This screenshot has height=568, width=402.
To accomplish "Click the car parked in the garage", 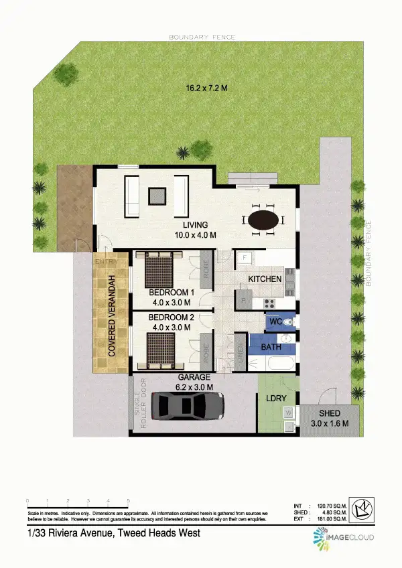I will [x=188, y=406].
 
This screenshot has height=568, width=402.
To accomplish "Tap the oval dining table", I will [x=262, y=220].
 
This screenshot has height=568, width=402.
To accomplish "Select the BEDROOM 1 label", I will [x=171, y=293].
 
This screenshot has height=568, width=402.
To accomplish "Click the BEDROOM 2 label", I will [x=171, y=317].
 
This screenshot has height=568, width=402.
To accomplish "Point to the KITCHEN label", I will [x=265, y=279].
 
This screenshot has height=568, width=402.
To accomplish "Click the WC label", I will [x=275, y=322].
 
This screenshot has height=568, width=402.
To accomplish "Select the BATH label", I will [x=271, y=347].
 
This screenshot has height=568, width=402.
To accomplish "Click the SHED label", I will [x=330, y=413].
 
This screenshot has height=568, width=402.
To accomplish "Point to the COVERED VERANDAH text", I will [x=113, y=313].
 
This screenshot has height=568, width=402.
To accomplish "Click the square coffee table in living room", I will [x=157, y=196].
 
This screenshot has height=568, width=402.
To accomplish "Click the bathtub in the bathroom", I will [x=276, y=364].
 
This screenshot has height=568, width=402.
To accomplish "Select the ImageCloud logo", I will [x=343, y=538].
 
